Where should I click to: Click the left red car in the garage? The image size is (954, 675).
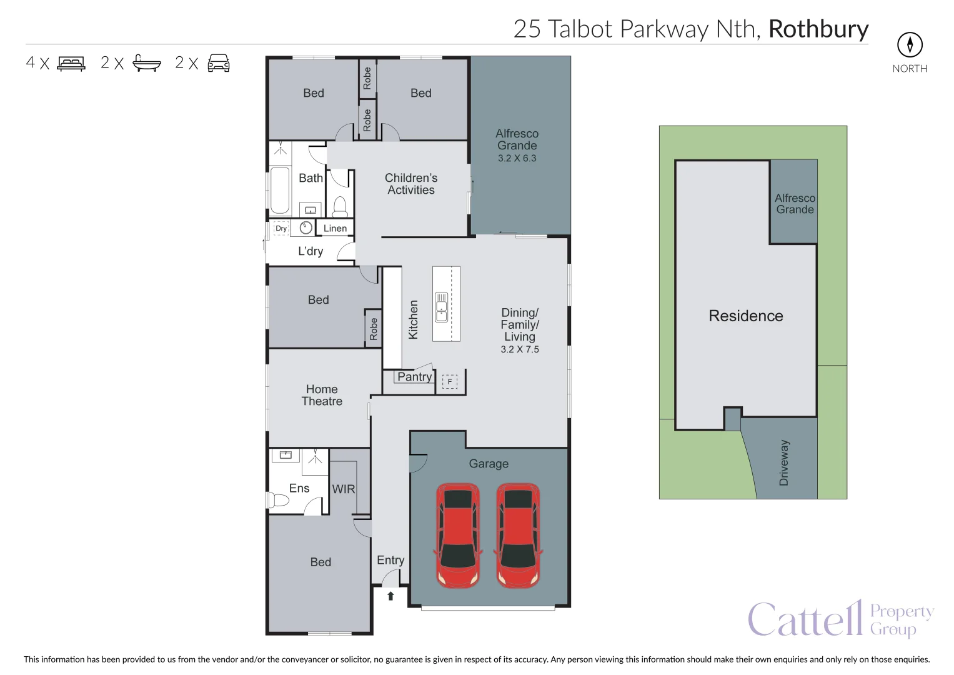(458, 535)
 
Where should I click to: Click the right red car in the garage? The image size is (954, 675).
(518, 535)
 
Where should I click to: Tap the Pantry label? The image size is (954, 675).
(414, 377)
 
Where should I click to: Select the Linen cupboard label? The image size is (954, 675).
(335, 228)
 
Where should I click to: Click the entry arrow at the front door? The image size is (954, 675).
(390, 596)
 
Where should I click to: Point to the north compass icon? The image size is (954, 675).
(910, 44)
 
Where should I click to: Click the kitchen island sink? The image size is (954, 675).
(442, 307)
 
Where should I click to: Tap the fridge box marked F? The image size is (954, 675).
(450, 381)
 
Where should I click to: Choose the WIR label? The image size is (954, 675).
(344, 489)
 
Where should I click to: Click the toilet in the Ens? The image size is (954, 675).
(277, 500)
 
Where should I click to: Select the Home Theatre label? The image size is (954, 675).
(322, 395)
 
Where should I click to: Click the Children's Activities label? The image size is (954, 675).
(411, 184)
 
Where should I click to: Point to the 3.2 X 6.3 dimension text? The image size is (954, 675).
(517, 158)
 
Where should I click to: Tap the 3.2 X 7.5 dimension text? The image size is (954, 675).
(519, 349)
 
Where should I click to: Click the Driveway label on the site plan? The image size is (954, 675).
(784, 462)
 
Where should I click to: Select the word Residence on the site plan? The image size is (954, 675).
(745, 316)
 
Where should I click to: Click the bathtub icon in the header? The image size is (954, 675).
(147, 63)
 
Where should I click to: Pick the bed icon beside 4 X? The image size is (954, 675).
(71, 64)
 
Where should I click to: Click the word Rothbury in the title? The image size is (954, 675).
(818, 29)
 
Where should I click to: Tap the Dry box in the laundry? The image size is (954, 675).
(281, 228)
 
